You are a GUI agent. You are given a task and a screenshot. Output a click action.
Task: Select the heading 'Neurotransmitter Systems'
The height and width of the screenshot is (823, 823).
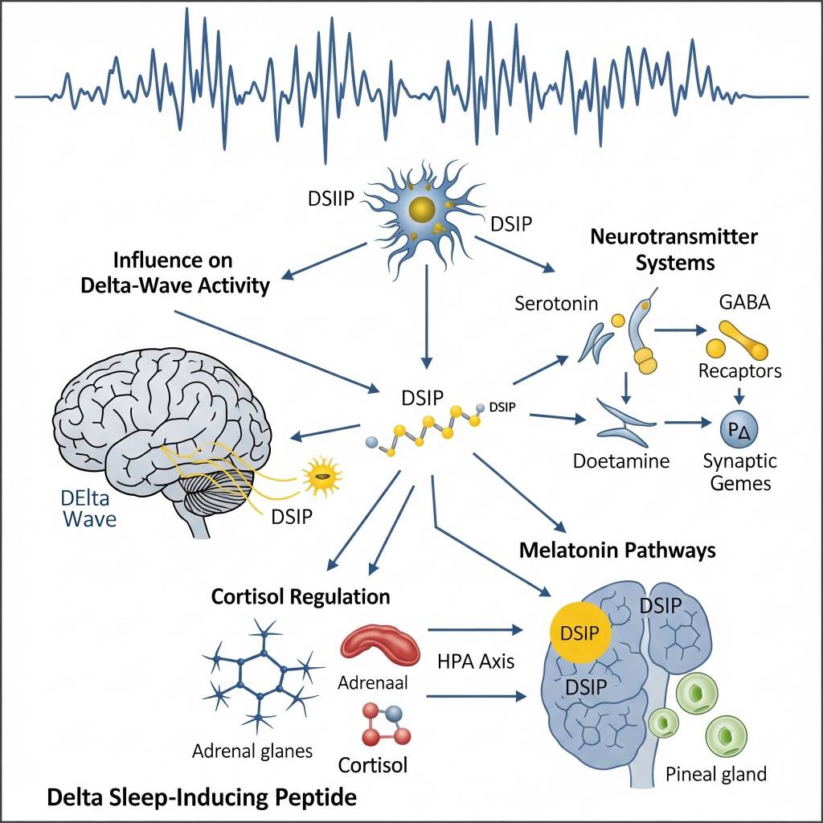(x=674, y=250)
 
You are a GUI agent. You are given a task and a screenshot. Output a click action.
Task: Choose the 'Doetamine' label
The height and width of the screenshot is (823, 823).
(x=621, y=462)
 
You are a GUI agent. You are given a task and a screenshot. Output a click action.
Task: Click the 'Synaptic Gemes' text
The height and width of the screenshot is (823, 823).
(x=739, y=472)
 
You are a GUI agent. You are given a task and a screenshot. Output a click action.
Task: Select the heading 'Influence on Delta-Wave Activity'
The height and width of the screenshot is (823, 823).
(x=175, y=273)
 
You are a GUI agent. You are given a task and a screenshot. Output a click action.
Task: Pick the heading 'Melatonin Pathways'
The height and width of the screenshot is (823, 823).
(x=617, y=551)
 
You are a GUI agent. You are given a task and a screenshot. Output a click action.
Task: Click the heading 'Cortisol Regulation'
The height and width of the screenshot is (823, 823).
(x=301, y=597)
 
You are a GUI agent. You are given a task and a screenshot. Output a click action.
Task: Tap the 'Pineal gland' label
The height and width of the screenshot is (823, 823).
(x=716, y=775)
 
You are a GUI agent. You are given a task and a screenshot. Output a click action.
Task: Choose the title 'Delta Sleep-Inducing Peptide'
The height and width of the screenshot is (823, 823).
(x=201, y=798)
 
